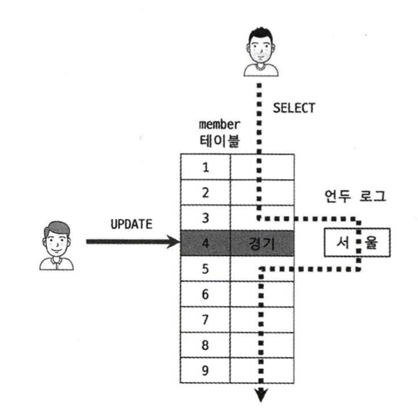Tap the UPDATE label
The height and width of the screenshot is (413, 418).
[131, 227]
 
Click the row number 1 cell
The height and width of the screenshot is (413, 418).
[206, 167]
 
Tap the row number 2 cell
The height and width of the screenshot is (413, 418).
[206, 193]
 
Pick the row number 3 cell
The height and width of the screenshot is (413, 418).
[206, 218]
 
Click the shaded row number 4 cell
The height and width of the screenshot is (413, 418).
[206, 243]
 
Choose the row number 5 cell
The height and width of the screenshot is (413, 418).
[206, 269]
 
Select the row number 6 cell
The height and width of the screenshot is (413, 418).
[206, 294]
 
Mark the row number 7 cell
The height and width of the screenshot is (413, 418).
[206, 319]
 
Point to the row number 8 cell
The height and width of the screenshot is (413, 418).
[206, 344]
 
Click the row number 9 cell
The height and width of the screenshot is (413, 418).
[206, 370]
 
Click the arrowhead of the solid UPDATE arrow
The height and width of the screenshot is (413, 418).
[174, 243]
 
